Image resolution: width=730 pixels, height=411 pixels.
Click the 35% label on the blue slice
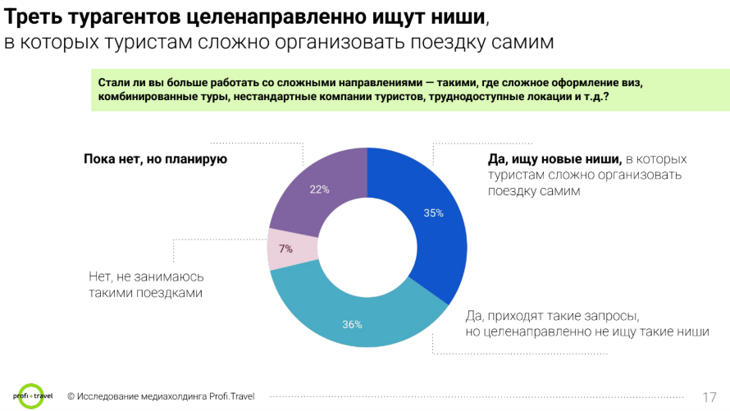[433, 213]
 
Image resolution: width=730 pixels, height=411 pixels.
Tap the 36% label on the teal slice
[352, 324]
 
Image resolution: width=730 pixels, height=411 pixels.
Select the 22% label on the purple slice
[319, 190]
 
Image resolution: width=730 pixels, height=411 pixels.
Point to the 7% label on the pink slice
[285, 249]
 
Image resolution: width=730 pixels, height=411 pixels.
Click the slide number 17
[710, 396]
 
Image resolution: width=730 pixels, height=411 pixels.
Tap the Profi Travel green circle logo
[32, 395]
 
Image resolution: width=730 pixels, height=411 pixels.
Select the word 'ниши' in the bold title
[450, 15]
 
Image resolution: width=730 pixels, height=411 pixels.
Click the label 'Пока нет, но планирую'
[155, 159]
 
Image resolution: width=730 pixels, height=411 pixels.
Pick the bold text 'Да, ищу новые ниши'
[549, 159]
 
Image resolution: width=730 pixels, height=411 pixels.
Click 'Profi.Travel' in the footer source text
[227, 396]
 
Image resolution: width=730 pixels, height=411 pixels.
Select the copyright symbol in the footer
[71, 396]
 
